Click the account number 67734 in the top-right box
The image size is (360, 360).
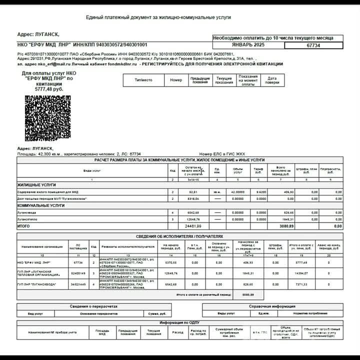pos(313,45)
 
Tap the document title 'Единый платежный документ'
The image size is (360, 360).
pos(158,17)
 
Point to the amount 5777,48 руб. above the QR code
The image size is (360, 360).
pos(49,89)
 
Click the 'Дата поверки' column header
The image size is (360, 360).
pos(272,80)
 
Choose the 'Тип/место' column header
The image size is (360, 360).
pos(144,80)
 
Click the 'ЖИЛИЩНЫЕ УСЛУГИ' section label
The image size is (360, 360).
pos(36,184)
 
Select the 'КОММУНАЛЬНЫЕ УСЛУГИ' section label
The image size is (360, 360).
pos(41,205)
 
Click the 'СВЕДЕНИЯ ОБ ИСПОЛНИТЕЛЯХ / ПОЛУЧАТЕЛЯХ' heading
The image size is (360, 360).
pos(179,236)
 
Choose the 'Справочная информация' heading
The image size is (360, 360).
pos(272,306)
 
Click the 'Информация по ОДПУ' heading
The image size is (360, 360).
pos(179,323)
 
